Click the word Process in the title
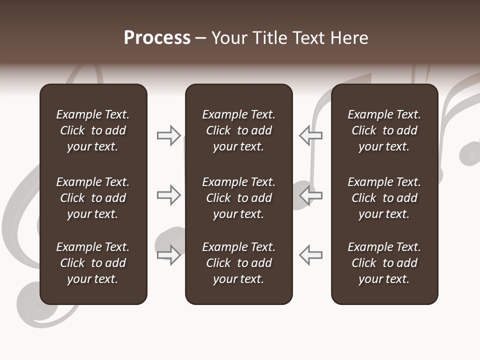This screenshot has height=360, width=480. pos(157,38)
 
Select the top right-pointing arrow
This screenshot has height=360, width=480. pos(169,135)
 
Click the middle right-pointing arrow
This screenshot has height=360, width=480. pos(169,195)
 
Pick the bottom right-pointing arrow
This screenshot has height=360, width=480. pos(169,255)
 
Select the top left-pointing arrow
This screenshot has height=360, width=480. pos(310,135)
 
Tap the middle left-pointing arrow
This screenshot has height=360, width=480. pos(310,195)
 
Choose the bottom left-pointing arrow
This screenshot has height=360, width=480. pos(310,255)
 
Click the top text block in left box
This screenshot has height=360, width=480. pos(93,130)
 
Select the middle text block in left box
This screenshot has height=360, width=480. pos(93,198)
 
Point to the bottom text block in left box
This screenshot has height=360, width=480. pos(93,263)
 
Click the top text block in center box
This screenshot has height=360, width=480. pos(238,130)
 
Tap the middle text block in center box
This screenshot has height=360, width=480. pos(238,198)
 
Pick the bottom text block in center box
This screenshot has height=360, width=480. pos(238,263)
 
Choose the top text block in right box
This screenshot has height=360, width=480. pos(384,130)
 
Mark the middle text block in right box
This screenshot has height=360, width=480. pos(384,198)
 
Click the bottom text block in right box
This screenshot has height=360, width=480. pos(384,263)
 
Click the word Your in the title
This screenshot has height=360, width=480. pos(228,38)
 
